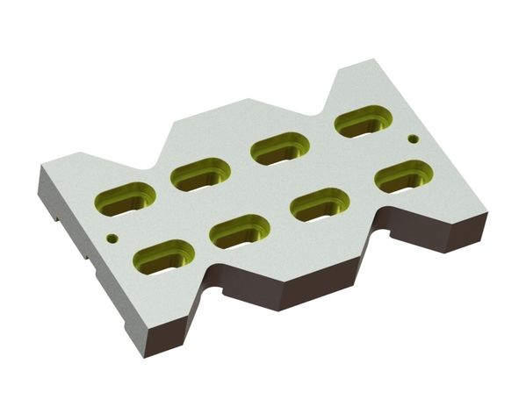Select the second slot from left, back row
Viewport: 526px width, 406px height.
point(201,175)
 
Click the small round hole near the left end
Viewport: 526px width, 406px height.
point(111,238)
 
